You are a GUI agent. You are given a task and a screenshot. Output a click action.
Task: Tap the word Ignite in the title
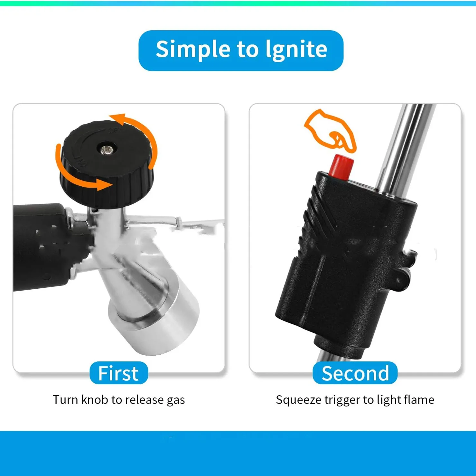coord(296,50)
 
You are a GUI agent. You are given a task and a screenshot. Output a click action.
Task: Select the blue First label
coord(119,373)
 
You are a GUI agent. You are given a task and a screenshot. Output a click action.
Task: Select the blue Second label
coord(355,373)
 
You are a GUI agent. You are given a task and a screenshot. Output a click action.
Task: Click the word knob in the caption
coord(95,400)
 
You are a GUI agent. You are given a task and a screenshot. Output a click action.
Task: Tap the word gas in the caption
coord(176,401)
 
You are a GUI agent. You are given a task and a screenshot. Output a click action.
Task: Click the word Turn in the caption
coord(65,400)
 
